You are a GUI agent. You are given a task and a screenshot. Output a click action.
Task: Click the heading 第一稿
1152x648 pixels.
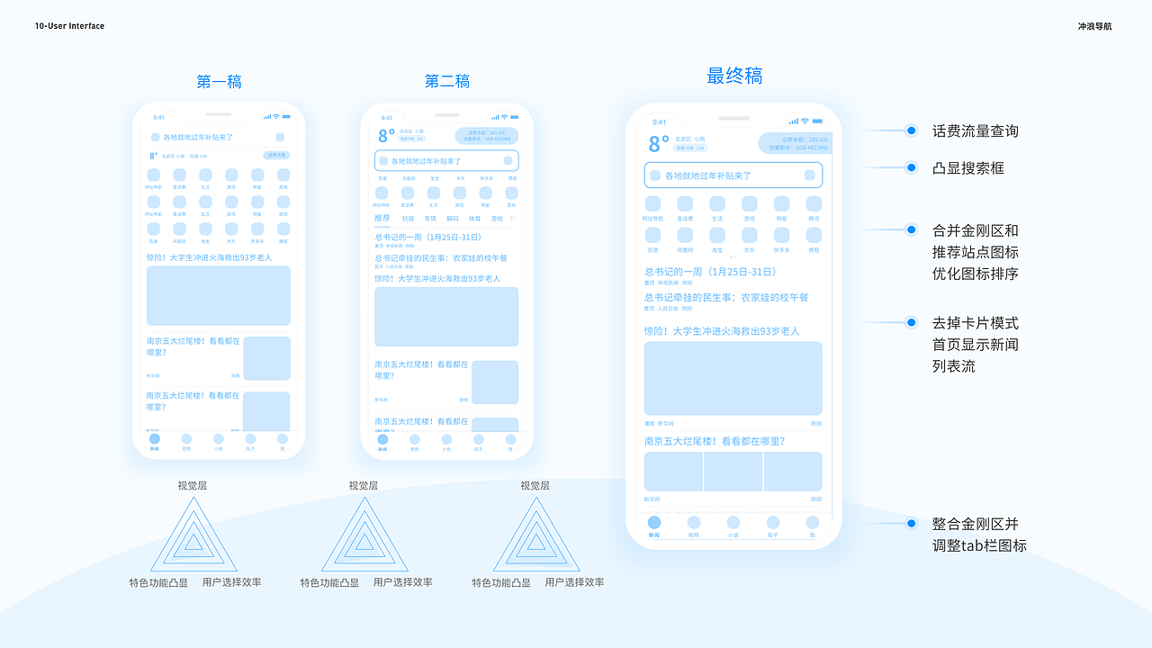tap(219, 82)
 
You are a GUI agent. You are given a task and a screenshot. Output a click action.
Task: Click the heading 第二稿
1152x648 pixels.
tap(447, 82)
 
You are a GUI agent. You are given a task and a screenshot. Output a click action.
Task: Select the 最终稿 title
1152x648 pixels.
tap(734, 76)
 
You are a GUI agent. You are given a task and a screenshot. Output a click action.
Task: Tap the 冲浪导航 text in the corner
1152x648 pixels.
tap(1094, 26)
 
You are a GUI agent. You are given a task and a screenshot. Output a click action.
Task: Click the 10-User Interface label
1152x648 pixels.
tap(69, 26)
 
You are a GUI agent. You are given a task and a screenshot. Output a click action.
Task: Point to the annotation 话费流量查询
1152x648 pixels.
tap(975, 131)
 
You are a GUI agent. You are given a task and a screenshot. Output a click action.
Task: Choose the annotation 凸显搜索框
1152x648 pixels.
tap(967, 168)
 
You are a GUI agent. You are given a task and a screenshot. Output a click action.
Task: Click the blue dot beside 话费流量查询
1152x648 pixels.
tap(911, 131)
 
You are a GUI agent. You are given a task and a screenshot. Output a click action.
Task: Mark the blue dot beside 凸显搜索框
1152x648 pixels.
tap(911, 168)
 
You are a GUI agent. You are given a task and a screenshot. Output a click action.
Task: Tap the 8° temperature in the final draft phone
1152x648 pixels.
tap(659, 144)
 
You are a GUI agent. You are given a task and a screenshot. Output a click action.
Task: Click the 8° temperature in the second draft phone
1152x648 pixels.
tap(386, 136)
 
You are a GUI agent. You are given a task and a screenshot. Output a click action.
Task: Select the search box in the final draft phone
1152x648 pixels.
tap(733, 175)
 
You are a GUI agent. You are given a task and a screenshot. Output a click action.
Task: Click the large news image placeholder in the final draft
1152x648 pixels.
tap(733, 378)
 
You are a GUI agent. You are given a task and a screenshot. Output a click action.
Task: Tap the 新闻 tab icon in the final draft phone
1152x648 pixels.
tap(654, 523)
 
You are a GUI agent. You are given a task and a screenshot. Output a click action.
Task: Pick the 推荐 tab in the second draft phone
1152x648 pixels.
tap(382, 219)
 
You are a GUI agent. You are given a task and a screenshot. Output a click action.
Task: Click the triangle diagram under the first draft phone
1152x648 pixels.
tap(193, 538)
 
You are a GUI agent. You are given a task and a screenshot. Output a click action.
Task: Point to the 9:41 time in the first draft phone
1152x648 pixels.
tap(158, 117)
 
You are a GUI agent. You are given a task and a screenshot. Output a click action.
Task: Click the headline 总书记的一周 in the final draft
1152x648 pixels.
tap(710, 272)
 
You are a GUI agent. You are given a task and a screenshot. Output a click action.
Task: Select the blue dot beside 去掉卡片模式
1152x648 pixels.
tap(911, 322)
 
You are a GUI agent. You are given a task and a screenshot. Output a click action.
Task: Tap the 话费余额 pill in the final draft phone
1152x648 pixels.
tap(793, 143)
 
